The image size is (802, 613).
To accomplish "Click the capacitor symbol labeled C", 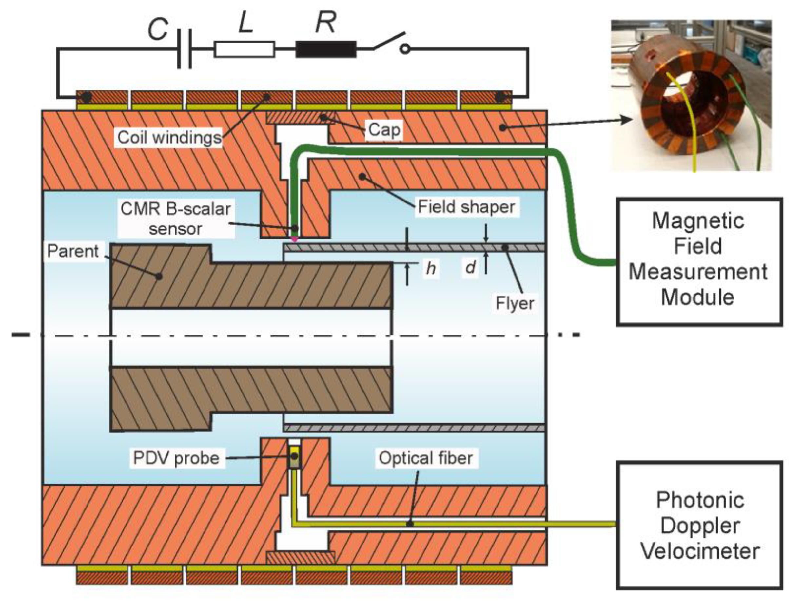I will point(184,49).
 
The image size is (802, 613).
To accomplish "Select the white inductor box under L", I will point(244,49).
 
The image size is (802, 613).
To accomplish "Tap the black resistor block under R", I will point(326,49).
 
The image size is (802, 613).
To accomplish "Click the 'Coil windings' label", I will point(169,138).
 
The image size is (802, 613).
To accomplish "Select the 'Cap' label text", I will point(384,130).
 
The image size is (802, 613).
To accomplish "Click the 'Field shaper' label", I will point(466,207).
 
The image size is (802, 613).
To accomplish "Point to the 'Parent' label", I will point(73,251).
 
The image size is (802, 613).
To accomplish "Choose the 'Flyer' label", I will point(514,303).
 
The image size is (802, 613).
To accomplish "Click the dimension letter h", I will point(431,269).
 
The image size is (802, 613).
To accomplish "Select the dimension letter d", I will point(471,267).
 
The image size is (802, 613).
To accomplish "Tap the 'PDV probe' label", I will point(176,458).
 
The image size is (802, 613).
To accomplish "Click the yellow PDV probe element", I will point(294,457).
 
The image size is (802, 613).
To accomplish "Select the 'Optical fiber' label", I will point(426,458).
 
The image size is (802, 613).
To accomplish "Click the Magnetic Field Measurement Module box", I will point(699,262).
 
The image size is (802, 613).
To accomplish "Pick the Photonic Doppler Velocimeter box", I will point(699,526).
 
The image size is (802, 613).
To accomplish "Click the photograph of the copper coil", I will point(691,96).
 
